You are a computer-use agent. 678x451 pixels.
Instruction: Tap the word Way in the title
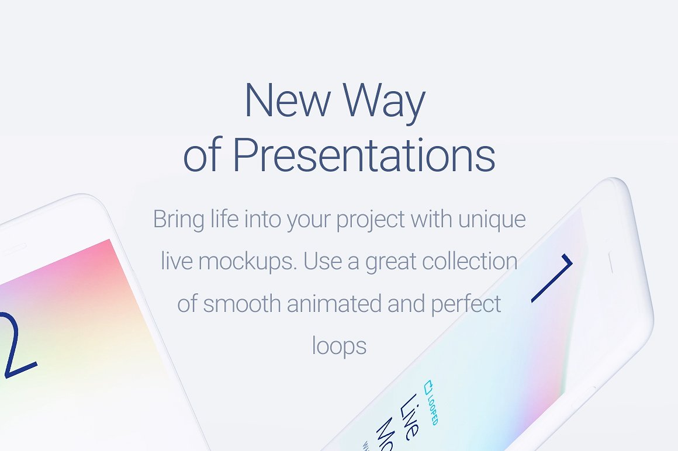[383, 102]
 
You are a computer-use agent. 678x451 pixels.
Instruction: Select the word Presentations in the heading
[364, 156]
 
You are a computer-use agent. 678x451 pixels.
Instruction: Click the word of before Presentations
[202, 156]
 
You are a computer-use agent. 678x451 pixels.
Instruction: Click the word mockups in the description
[248, 262]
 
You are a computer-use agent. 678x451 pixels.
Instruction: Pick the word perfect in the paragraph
[466, 304]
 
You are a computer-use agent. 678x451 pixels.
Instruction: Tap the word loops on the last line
[339, 346]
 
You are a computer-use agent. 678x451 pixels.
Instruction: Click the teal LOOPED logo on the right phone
[431, 402]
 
